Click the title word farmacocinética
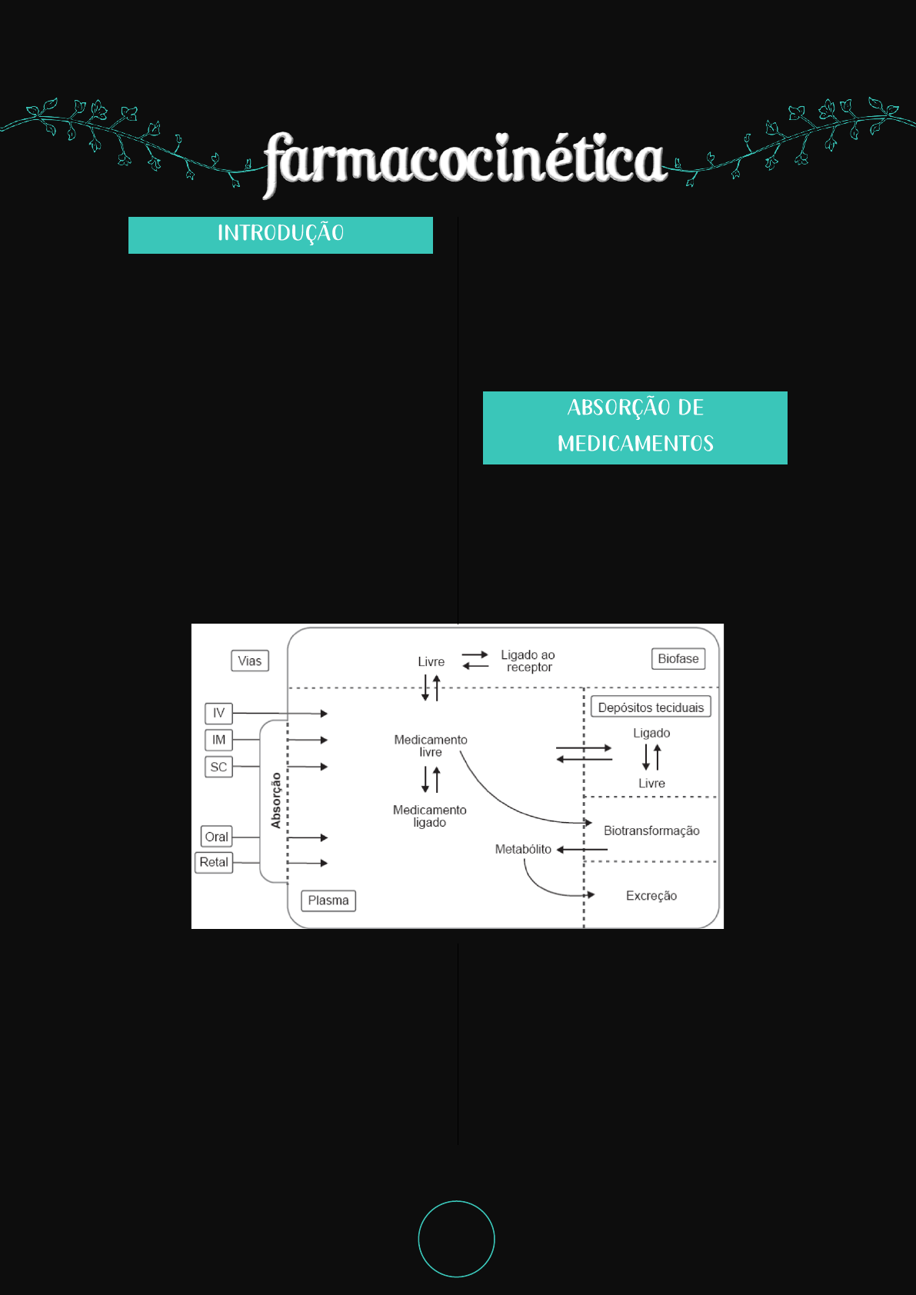click(465, 160)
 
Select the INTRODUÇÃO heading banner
click(281, 235)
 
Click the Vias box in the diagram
click(250, 661)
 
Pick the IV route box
click(218, 713)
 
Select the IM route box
click(218, 740)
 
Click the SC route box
click(218, 767)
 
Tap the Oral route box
click(216, 837)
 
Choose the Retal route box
click(214, 862)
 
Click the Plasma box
click(328, 901)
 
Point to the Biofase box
click(678, 659)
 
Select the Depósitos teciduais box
click(651, 707)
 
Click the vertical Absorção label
click(276, 801)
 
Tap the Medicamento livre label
click(431, 746)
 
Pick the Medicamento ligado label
click(430, 816)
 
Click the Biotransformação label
click(651, 831)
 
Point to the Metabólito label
click(523, 849)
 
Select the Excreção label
click(651, 896)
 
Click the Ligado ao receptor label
click(528, 661)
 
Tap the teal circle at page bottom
click(456, 1239)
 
